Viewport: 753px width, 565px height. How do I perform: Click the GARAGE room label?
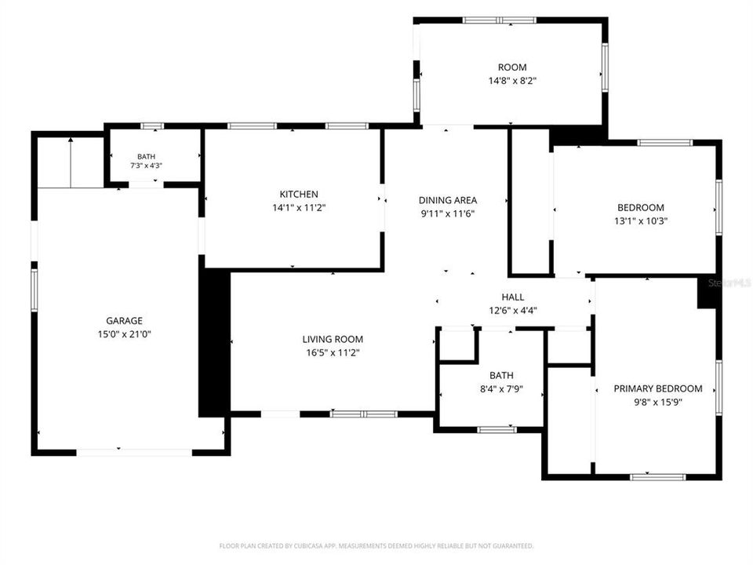[125, 320]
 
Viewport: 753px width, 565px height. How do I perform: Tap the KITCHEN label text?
[299, 194]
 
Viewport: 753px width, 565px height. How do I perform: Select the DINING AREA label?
[448, 200]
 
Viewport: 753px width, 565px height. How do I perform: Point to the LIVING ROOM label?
[333, 339]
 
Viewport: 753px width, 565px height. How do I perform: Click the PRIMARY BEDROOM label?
[658, 388]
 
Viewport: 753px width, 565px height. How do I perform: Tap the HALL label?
[513, 297]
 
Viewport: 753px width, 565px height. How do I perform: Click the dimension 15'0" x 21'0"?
[125, 334]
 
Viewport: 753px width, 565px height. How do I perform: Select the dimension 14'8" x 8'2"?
[512, 81]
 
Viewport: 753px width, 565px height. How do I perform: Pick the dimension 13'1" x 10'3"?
[641, 221]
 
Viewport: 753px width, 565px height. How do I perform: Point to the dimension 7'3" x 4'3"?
[147, 166]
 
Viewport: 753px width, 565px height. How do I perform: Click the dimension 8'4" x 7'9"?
[501, 389]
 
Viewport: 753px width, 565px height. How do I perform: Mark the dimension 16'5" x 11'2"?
[333, 353]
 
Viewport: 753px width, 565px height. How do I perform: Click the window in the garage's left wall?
[34, 290]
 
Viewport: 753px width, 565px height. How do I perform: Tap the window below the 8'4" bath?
[497, 429]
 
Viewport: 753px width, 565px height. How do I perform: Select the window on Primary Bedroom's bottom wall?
[658, 477]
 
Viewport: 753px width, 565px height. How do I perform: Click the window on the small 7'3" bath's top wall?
[152, 126]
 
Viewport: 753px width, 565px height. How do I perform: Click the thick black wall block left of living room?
[215, 343]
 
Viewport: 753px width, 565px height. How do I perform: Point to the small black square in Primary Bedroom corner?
[707, 293]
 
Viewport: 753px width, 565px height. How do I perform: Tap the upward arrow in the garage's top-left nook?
[71, 162]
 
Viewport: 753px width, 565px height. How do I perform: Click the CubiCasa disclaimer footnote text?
[376, 546]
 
